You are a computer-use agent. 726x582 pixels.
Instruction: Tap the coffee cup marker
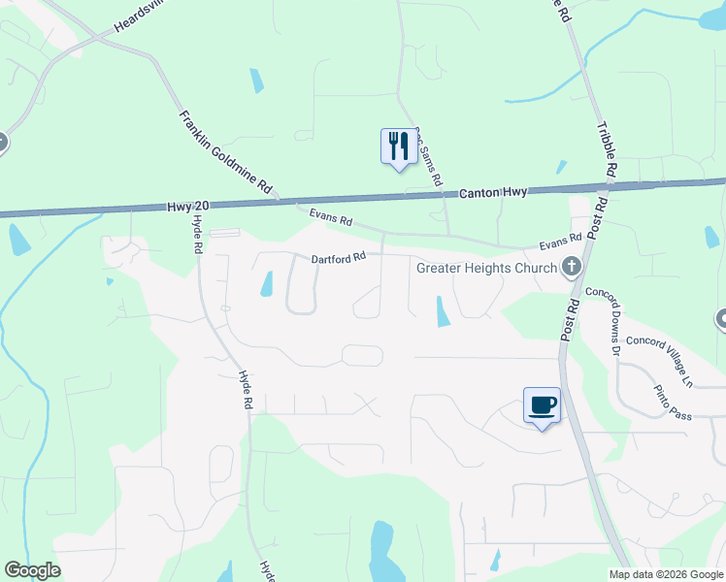(x=542, y=404)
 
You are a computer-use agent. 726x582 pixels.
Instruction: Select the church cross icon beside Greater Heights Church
(x=572, y=266)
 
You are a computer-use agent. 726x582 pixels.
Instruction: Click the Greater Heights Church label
(x=486, y=268)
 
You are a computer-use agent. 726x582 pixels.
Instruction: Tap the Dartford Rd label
(x=338, y=258)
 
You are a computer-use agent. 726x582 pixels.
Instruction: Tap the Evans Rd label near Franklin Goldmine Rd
(x=330, y=218)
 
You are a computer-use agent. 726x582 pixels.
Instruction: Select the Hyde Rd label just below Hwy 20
(x=197, y=235)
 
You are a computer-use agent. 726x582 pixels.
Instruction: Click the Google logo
(x=32, y=570)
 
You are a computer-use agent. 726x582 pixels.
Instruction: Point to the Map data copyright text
(x=665, y=574)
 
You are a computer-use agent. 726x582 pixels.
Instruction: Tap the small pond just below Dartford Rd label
(x=266, y=284)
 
